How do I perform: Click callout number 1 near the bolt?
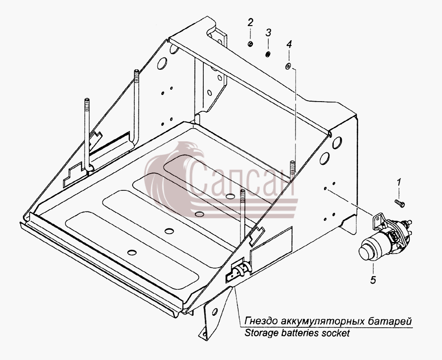[399, 182]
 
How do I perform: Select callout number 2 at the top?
[250, 22]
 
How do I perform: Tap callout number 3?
[268, 33]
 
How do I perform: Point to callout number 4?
[289, 44]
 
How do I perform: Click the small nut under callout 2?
[250, 44]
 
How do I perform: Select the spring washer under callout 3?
[268, 54]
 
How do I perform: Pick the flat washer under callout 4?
[288, 66]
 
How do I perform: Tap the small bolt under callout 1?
[400, 203]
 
